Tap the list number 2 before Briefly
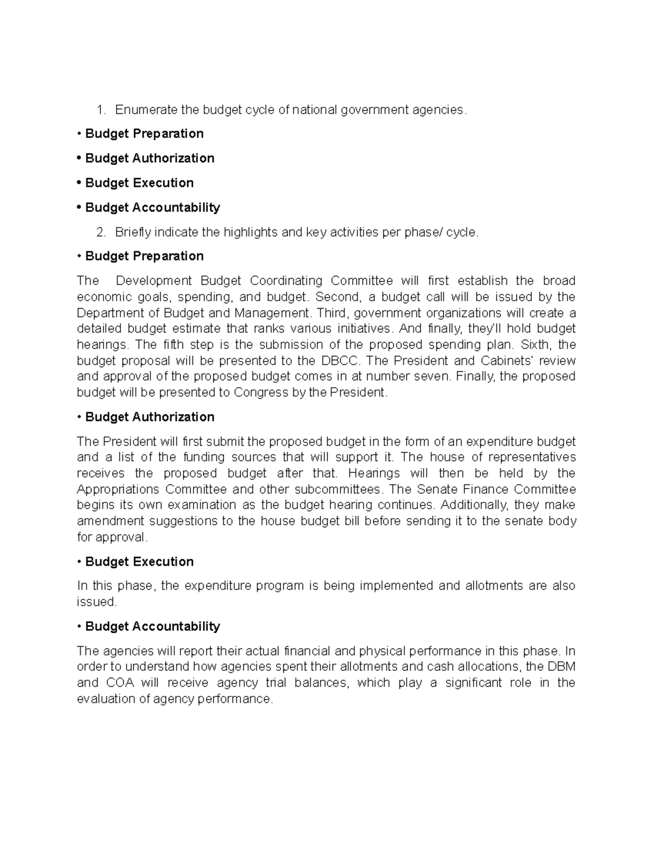click(100, 232)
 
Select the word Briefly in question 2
click(133, 232)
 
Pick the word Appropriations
click(118, 489)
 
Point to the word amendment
click(110, 521)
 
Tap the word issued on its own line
click(96, 602)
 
